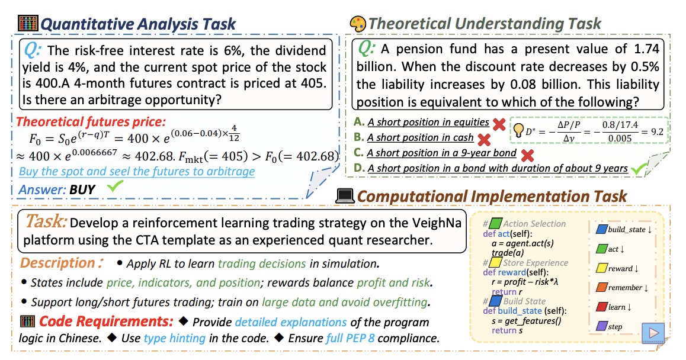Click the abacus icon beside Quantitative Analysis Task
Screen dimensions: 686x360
coord(28,23)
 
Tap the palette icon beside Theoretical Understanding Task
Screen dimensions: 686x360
coord(358,24)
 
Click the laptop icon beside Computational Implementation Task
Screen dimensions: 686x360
coord(345,195)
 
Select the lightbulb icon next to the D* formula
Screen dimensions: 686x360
coord(518,130)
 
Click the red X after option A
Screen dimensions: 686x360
coord(499,124)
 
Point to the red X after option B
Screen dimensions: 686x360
coord(484,140)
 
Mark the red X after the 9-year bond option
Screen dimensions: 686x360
coord(528,155)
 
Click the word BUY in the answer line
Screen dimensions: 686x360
coord(82,189)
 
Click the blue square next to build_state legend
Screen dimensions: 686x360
coord(602,229)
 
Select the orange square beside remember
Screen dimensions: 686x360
coord(602,287)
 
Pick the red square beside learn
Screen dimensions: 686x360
coord(602,306)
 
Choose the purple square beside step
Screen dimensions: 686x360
coord(602,326)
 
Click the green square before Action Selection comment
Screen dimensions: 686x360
coord(496,224)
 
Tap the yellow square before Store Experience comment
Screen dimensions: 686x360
coord(495,262)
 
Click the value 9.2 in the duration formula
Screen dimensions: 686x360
coord(657,131)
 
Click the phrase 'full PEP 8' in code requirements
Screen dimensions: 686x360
coord(351,338)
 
